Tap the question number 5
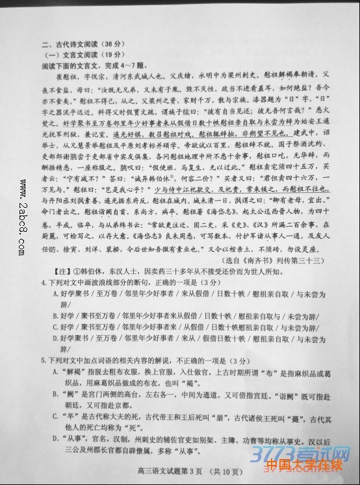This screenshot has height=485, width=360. [43, 360]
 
